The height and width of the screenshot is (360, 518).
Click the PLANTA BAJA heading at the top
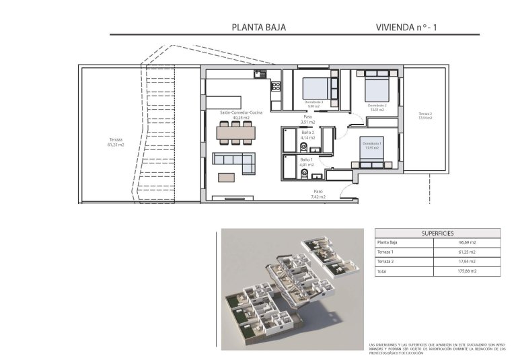click(x=259, y=28)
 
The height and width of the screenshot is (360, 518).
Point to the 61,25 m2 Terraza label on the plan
click(x=116, y=142)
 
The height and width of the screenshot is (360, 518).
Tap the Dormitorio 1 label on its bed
click(x=372, y=144)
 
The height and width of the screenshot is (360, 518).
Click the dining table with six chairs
click(x=235, y=133)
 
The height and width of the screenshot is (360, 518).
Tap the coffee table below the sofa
click(x=227, y=178)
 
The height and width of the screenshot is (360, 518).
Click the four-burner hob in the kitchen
click(x=274, y=86)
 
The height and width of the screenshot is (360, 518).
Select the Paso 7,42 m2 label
click(x=318, y=194)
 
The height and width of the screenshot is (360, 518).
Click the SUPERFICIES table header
click(x=437, y=232)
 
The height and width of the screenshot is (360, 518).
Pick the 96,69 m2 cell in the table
click(x=468, y=242)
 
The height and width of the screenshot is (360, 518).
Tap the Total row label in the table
click(x=382, y=271)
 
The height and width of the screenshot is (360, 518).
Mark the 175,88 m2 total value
click(x=468, y=271)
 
